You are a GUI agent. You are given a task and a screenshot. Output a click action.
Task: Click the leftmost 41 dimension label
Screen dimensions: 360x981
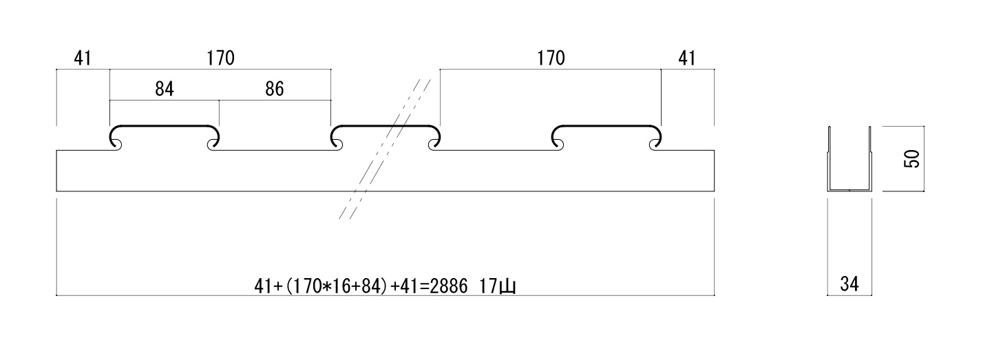[x=83, y=59]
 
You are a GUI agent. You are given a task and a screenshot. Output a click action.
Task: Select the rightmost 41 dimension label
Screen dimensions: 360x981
[x=686, y=59]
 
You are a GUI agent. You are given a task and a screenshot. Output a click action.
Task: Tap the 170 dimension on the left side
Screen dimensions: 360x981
[x=220, y=59]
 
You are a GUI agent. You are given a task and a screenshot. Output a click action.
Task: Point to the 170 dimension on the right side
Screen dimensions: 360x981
[x=551, y=59]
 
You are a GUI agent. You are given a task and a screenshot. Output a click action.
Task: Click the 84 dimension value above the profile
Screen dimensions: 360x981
[x=165, y=90]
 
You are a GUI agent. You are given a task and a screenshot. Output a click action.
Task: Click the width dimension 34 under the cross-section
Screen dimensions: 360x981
[x=849, y=283]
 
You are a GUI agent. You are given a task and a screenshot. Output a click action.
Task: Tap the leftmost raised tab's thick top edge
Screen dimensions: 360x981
[x=165, y=127]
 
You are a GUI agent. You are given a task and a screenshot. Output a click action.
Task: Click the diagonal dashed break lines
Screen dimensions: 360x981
[x=386, y=148]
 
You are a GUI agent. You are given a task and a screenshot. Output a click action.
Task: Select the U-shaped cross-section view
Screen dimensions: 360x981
[x=849, y=160]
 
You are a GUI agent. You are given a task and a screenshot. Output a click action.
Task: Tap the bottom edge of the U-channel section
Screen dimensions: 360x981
[x=849, y=190]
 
